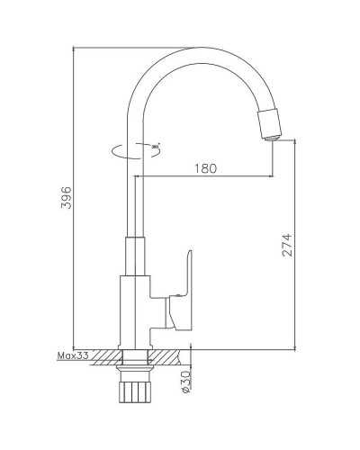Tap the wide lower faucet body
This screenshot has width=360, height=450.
pos(136,310)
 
